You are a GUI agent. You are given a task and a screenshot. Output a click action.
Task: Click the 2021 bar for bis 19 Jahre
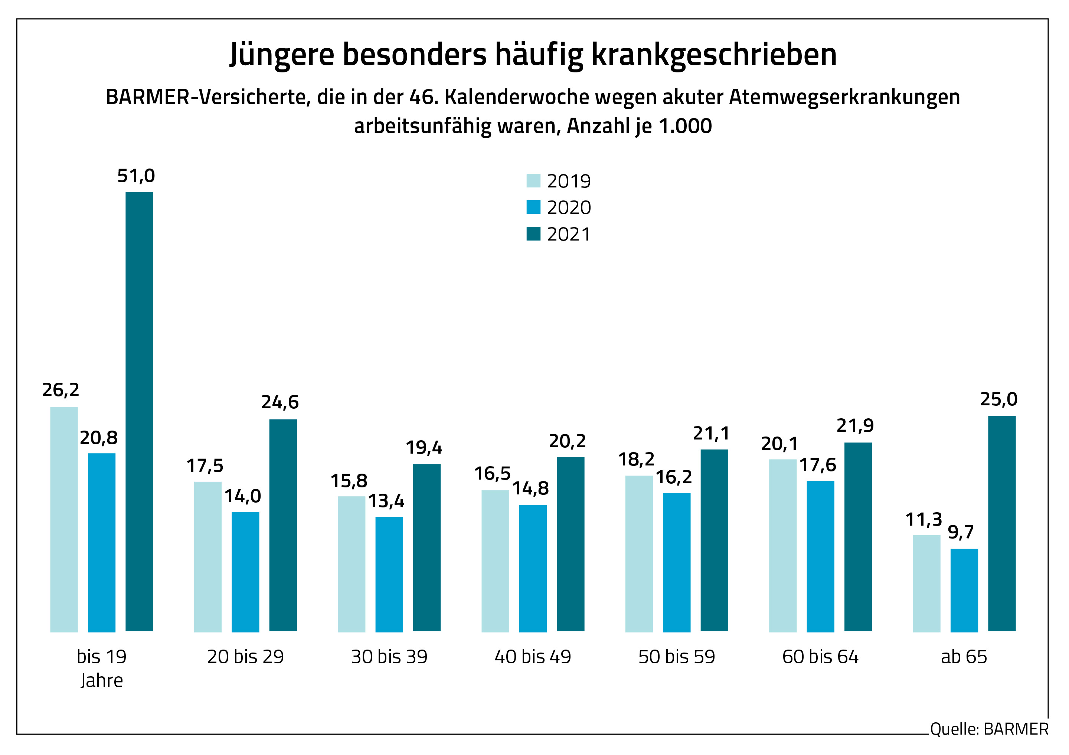pyautogui.click(x=139, y=412)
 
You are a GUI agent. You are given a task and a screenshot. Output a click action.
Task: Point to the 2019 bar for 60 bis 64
pyautogui.click(x=783, y=546)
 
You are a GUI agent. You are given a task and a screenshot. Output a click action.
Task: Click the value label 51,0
pyautogui.click(x=136, y=176)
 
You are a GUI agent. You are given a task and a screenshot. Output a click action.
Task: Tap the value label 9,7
pyautogui.click(x=961, y=532)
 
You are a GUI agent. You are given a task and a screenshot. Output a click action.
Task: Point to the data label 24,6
pyautogui.click(x=280, y=402)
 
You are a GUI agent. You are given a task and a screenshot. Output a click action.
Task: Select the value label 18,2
pyautogui.click(x=636, y=460)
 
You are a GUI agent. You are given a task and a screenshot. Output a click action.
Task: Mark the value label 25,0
pyautogui.click(x=999, y=399)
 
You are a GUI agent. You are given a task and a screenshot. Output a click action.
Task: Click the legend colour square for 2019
pyautogui.click(x=533, y=181)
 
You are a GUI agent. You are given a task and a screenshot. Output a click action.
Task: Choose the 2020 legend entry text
pyautogui.click(x=569, y=207)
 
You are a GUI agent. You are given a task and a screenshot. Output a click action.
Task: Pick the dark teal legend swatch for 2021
pyautogui.click(x=533, y=234)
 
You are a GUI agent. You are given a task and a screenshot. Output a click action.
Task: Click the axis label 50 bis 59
pyautogui.click(x=677, y=657)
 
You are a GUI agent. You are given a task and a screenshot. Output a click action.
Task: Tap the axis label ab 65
pyautogui.click(x=964, y=657)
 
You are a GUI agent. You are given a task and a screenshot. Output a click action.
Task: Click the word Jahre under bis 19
pyautogui.click(x=101, y=680)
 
